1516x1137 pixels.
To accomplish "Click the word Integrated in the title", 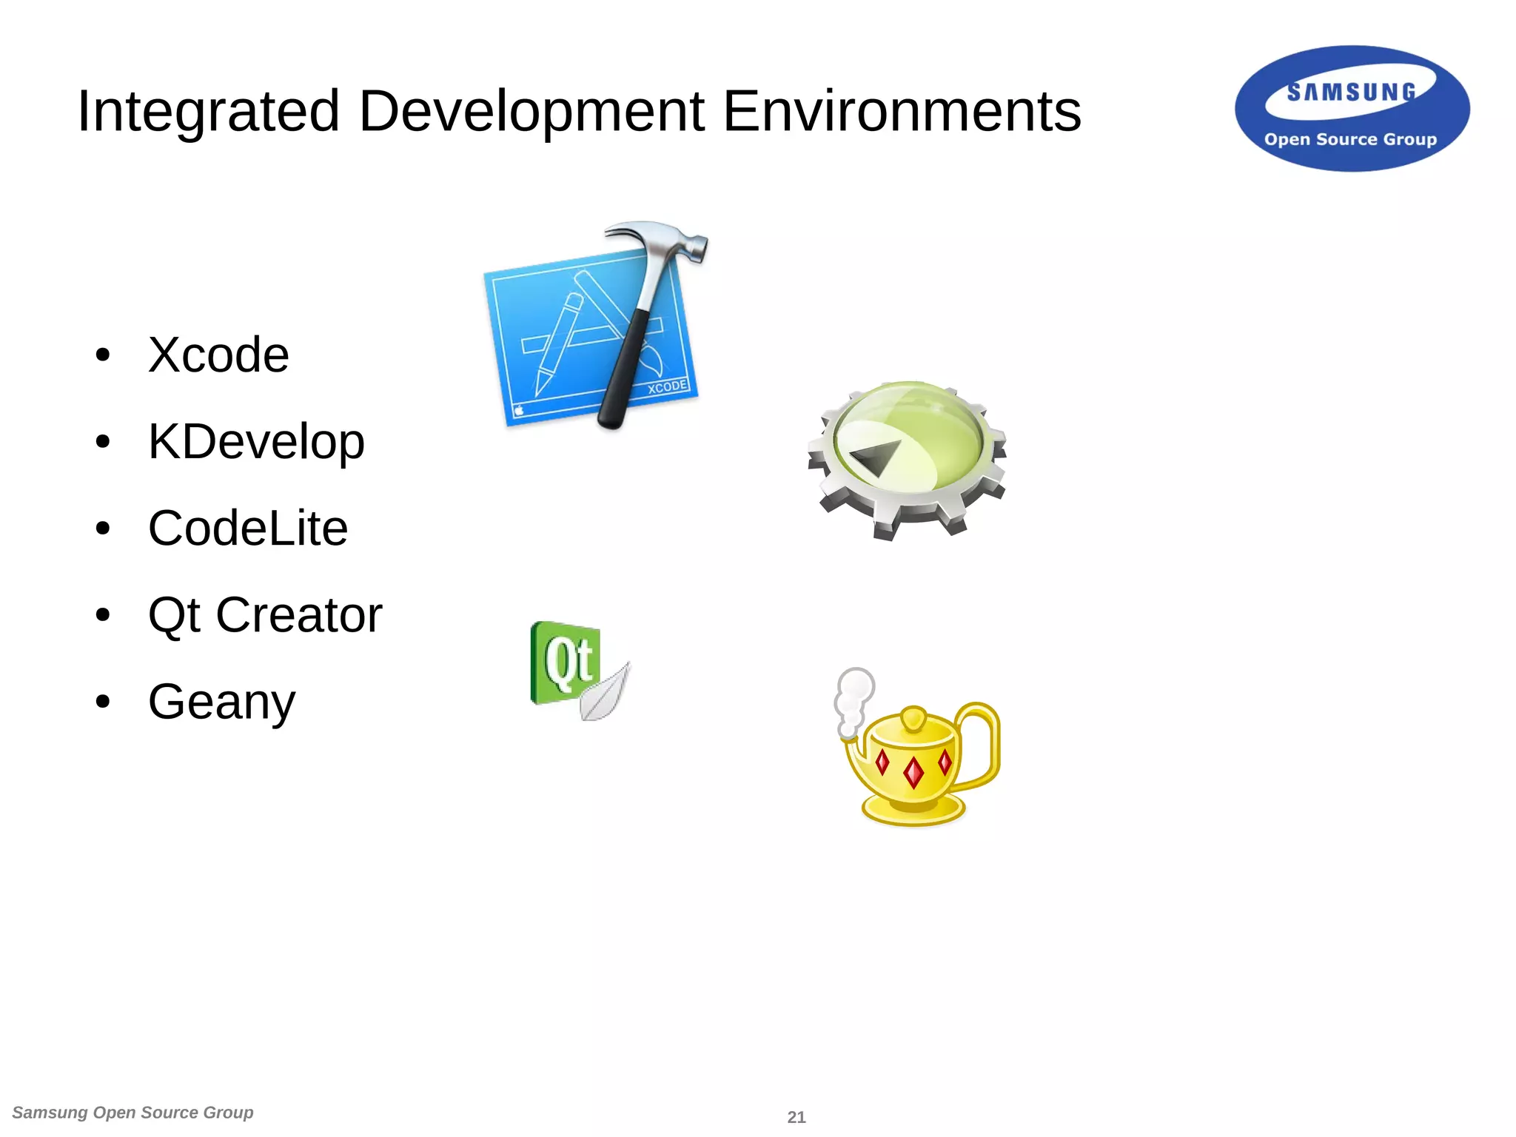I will pos(208,111).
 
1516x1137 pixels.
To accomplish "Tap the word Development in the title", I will pos(531,111).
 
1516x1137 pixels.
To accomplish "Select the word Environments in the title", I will pos(901,111).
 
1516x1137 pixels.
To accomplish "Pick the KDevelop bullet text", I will pos(256,442).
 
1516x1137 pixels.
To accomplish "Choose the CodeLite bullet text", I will pos(248,529).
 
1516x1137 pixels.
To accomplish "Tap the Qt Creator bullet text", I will pos(265,615).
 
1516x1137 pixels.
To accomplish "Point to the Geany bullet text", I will pos(221,702).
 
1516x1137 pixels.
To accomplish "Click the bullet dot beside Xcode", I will pos(103,355).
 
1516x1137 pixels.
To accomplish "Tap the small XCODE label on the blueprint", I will pos(667,387).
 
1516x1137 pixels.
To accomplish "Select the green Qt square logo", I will pos(564,661).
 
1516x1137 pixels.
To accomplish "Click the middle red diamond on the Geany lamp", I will pos(914,772).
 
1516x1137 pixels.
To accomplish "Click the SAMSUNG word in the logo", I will pos(1351,93).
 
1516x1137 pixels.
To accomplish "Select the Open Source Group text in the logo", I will pos(1350,139).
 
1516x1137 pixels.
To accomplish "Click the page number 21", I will pos(796,1117).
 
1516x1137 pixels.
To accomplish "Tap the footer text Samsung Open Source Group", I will pos(133,1113).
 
